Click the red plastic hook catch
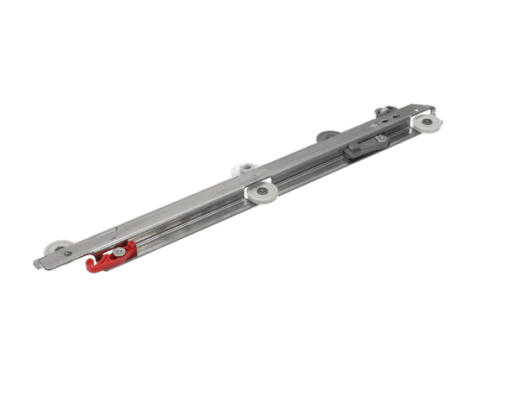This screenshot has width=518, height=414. pyautogui.click(x=111, y=257)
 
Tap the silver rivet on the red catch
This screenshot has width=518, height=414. pyautogui.click(x=119, y=252)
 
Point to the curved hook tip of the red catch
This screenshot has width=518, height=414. pyautogui.click(x=91, y=268)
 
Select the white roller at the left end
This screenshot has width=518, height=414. pyautogui.click(x=58, y=248)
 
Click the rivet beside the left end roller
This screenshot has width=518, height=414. pyautogui.click(x=68, y=254)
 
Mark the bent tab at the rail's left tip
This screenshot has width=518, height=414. pyautogui.click(x=38, y=262)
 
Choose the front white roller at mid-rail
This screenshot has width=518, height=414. pyautogui.click(x=261, y=191)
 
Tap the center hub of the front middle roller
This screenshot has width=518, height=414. pyautogui.click(x=261, y=191)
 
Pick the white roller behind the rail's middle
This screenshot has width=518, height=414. pyautogui.click(x=246, y=167)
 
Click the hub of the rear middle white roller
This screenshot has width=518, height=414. pyautogui.click(x=247, y=166)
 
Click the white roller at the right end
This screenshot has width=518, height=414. pyautogui.click(x=426, y=122)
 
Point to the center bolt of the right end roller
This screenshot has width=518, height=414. pyautogui.click(x=426, y=122)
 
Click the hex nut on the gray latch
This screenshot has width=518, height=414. pyautogui.click(x=380, y=138)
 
